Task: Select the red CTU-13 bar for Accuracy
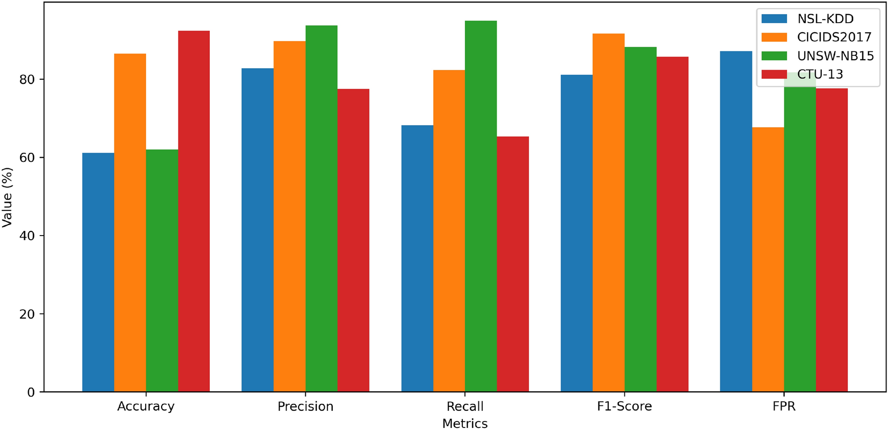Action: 194,211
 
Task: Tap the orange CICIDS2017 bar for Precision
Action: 290,216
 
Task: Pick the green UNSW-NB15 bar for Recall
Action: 480,206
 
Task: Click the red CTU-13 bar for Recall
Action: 513,264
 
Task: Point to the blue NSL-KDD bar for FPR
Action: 736,221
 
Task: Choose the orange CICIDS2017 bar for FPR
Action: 768,259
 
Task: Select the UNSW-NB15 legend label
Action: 835,56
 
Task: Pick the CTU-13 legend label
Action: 820,74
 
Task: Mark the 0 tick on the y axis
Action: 31,392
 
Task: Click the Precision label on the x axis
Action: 305,406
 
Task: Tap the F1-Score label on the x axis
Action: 624,406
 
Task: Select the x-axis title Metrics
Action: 465,423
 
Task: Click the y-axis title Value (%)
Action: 7,197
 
